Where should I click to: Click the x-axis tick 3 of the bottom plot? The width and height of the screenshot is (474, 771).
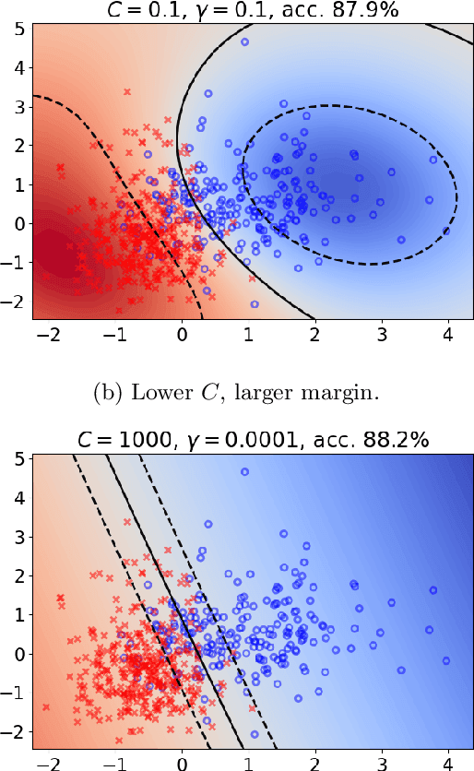381,763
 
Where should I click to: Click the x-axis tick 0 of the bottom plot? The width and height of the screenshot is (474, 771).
183,763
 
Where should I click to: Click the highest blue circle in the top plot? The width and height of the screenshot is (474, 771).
244,42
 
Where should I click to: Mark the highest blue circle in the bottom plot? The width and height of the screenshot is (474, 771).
244,472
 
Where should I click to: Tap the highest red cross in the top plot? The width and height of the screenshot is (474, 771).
127,92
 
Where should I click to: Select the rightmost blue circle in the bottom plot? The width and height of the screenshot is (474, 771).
446,660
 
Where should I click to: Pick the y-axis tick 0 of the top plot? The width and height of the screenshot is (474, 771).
18,223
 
